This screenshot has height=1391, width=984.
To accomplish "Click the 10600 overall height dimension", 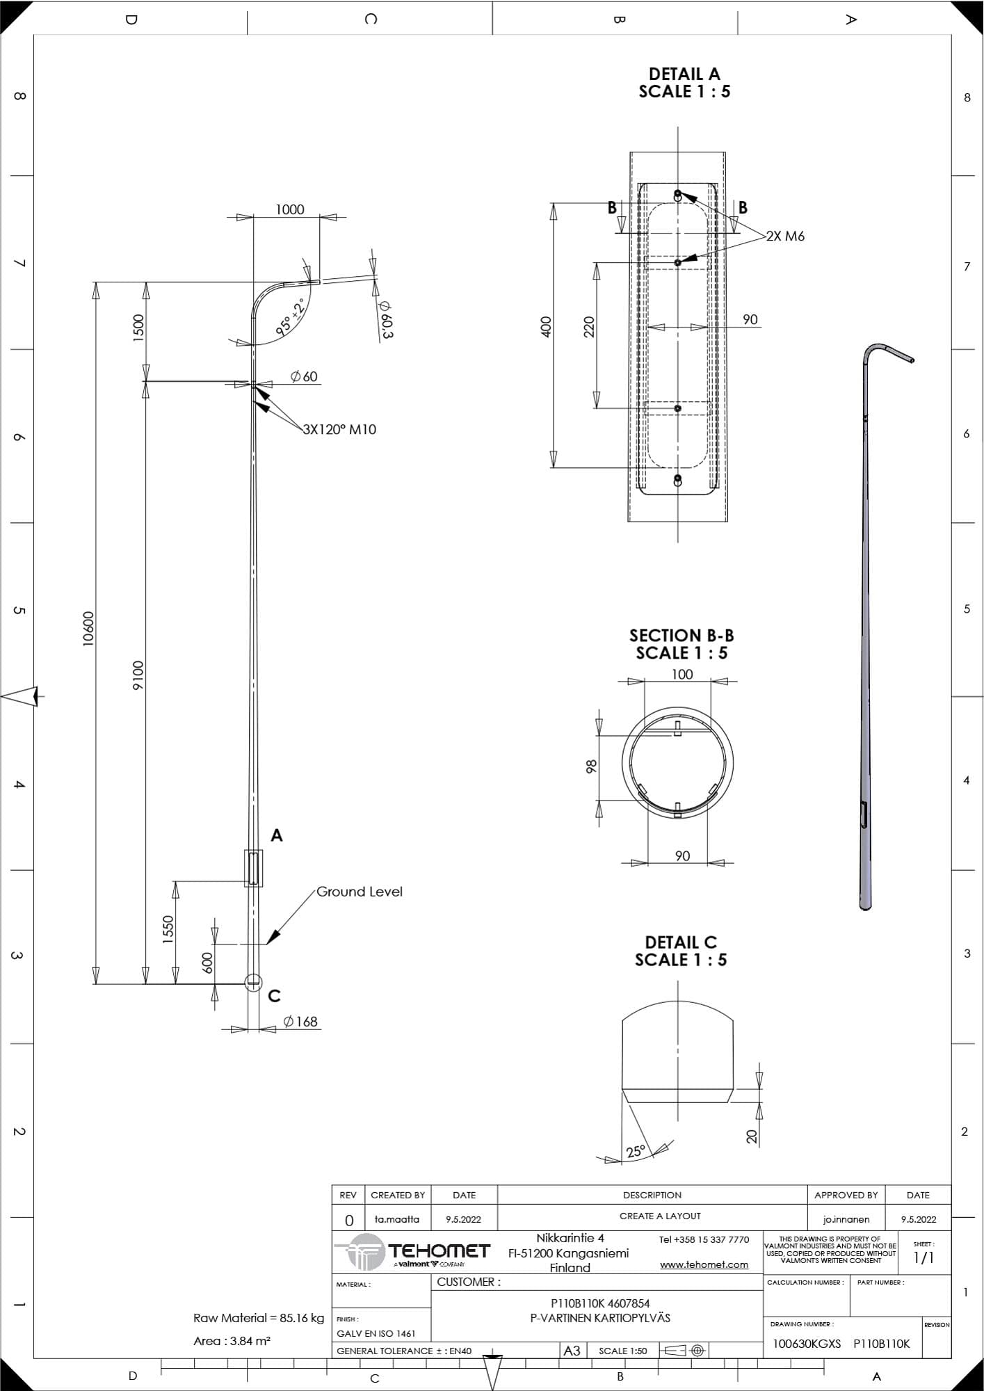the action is [88, 629].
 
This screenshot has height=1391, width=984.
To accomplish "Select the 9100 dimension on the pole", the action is [138, 675].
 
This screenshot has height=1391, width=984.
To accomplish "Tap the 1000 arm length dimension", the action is [290, 209].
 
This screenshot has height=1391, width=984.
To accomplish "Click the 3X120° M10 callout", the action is [339, 429].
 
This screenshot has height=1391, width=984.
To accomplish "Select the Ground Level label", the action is [360, 892].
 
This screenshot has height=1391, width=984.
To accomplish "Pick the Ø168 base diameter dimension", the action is [300, 1021].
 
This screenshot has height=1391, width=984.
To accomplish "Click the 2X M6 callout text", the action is [786, 236].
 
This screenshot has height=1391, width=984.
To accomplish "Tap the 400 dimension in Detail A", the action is [546, 327].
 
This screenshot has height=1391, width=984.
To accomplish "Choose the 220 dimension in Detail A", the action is [589, 327].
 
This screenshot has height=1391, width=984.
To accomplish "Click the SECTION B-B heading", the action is [681, 635].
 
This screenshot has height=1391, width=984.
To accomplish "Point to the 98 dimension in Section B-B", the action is [592, 766].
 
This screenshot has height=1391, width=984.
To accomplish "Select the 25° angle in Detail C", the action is [636, 1151].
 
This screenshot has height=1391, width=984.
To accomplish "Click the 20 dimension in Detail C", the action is [751, 1136].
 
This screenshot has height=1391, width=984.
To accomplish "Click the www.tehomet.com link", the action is [704, 1264].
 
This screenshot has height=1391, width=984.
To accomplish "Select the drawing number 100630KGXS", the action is [807, 1344].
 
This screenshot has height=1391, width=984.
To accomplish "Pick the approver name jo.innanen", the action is [846, 1219].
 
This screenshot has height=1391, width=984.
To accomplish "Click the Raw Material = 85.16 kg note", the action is [259, 1317].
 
